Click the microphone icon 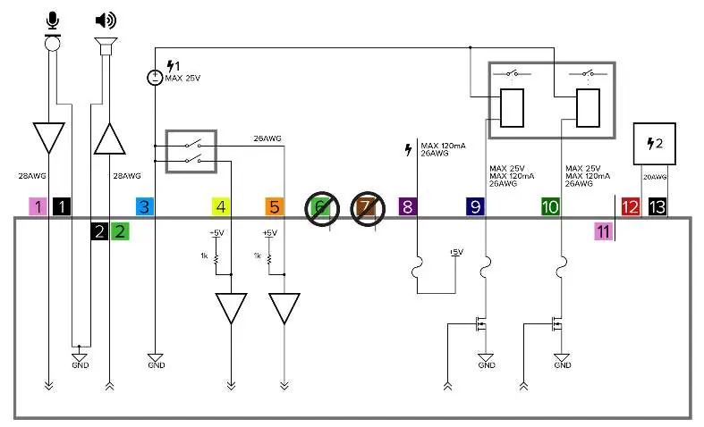tap(53, 21)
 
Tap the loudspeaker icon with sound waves tap(106, 21)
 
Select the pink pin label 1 tap(38, 206)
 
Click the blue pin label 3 tap(145, 206)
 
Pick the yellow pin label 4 tap(221, 206)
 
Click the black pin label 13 tap(657, 206)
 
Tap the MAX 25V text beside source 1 tap(182, 78)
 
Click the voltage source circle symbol tap(155, 78)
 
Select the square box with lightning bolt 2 tap(654, 144)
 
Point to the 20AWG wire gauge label tap(655, 177)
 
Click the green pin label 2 tap(120, 231)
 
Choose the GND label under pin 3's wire tap(157, 365)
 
